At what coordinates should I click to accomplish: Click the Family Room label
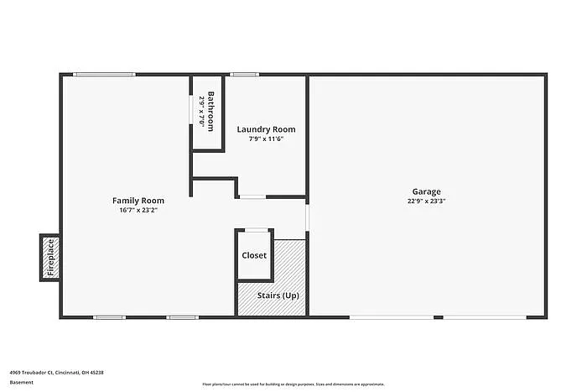[138, 201]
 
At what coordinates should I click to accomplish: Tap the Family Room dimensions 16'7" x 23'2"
[138, 210]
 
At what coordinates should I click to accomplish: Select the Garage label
[426, 191]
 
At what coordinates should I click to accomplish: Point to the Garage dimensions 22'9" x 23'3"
[426, 201]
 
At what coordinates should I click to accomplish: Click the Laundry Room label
[266, 128]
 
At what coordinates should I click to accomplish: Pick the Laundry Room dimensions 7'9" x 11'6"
[266, 139]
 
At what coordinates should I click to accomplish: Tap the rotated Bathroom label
[211, 111]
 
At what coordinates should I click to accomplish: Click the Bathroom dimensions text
[202, 111]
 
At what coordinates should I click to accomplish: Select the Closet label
[254, 255]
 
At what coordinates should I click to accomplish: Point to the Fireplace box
[49, 258]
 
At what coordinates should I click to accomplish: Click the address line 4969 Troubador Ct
[57, 372]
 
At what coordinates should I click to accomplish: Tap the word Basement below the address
[22, 382]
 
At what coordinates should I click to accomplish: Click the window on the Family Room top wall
[103, 75]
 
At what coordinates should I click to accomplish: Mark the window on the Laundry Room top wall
[244, 75]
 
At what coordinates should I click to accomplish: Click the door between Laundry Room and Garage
[307, 218]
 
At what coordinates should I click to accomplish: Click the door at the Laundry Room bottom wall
[252, 197]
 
